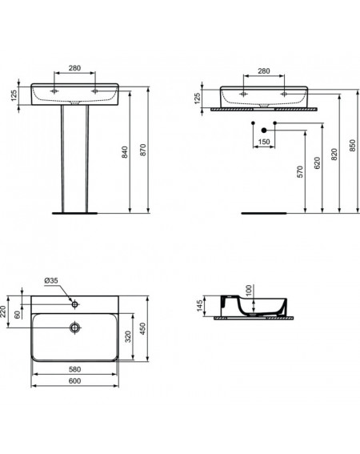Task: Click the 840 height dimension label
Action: (124, 152)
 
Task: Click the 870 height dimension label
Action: (143, 151)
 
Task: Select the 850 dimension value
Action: (353, 146)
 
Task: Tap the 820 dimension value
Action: (334, 155)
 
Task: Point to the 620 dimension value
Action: (317, 163)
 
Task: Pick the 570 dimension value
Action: (300, 171)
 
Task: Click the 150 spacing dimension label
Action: (264, 142)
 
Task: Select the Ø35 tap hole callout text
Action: (51, 280)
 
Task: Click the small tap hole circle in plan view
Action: (74, 304)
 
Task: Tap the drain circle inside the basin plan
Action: (74, 327)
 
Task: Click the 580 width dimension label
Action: (75, 369)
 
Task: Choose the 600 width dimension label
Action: (75, 381)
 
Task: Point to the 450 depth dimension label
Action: (142, 328)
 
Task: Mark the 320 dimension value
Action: (128, 336)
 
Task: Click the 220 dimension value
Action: (3, 311)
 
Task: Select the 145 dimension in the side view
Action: (200, 306)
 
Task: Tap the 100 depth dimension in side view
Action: (249, 291)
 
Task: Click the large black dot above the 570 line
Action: (264, 131)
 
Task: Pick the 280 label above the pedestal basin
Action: (74, 68)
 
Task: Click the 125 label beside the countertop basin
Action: (197, 98)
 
